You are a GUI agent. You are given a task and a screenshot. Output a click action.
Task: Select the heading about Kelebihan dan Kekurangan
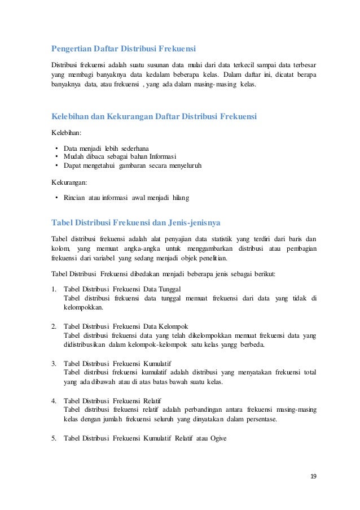(x=154, y=117)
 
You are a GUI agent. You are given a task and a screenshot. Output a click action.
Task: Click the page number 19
(x=313, y=476)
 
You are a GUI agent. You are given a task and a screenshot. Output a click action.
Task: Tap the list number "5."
(x=54, y=437)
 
